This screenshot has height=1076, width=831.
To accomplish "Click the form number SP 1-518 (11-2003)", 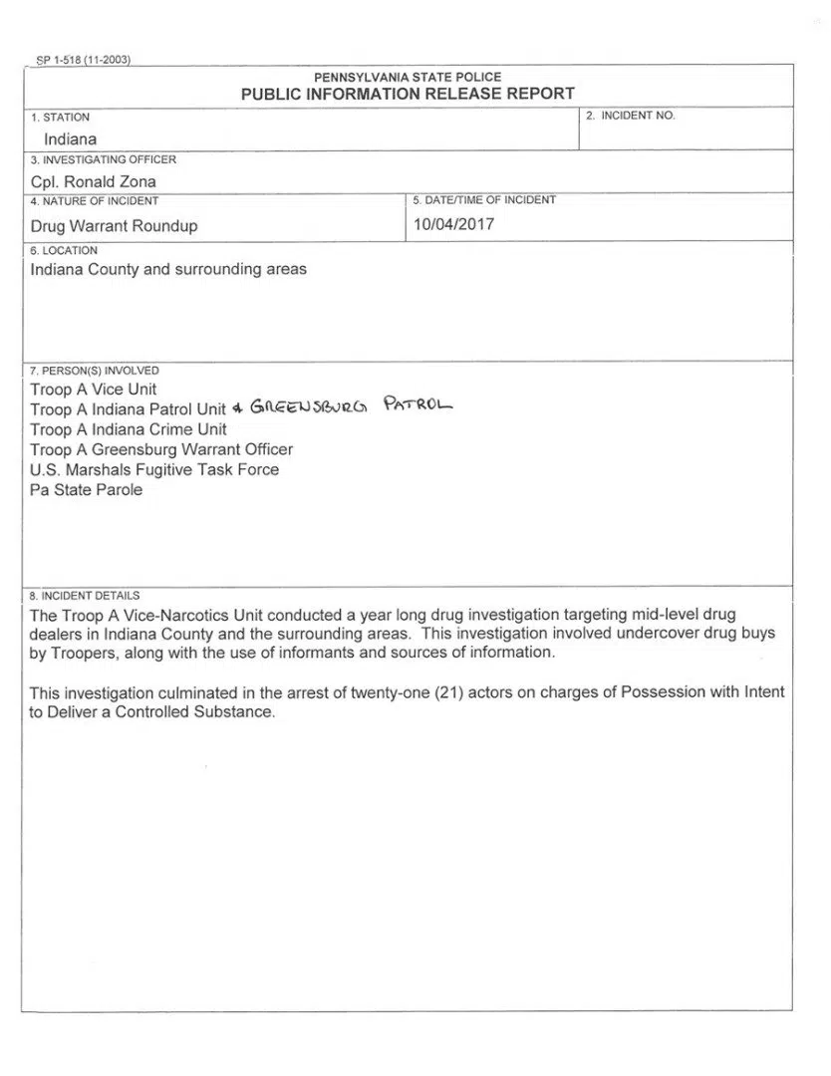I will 84,60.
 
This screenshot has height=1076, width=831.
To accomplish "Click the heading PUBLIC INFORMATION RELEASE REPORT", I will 408,94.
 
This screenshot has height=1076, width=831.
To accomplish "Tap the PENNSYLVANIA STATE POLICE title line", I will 408,77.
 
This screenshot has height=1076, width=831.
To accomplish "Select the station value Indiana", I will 70,139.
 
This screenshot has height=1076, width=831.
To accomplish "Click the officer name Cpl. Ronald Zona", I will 94,181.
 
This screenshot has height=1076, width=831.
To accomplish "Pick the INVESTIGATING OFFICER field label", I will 104,159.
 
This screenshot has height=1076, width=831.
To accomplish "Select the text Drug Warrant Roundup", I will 114,226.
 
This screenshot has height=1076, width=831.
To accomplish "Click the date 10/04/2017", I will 453,224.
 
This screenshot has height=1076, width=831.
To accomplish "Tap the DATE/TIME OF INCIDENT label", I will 483,200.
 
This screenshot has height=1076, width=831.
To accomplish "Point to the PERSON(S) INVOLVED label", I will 95,371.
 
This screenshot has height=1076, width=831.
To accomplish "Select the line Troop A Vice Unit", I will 94,390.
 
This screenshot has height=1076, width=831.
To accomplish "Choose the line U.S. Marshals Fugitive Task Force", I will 154,469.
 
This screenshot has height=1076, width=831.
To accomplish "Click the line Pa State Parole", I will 86,490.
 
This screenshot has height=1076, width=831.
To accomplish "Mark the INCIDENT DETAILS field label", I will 85,596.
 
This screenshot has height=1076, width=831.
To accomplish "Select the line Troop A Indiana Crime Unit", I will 129,429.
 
